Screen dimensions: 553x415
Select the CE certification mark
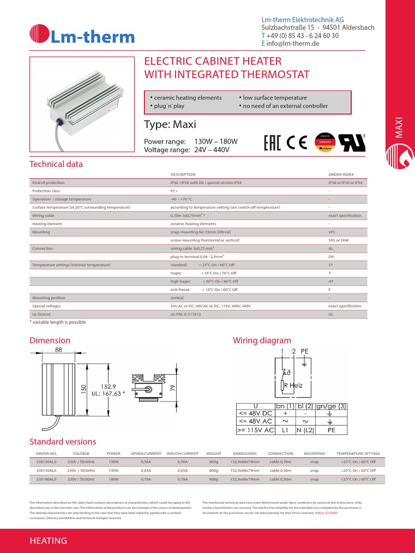coord(297,143)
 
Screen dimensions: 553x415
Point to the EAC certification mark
coord(273,143)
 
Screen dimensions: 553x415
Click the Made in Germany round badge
coord(325,142)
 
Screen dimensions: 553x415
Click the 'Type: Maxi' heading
coord(170,125)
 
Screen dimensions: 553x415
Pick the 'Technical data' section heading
coord(56,164)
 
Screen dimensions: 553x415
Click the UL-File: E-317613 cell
coord(185,314)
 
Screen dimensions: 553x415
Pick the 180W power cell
coord(113,479)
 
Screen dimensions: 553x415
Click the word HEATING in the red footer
coord(48,541)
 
